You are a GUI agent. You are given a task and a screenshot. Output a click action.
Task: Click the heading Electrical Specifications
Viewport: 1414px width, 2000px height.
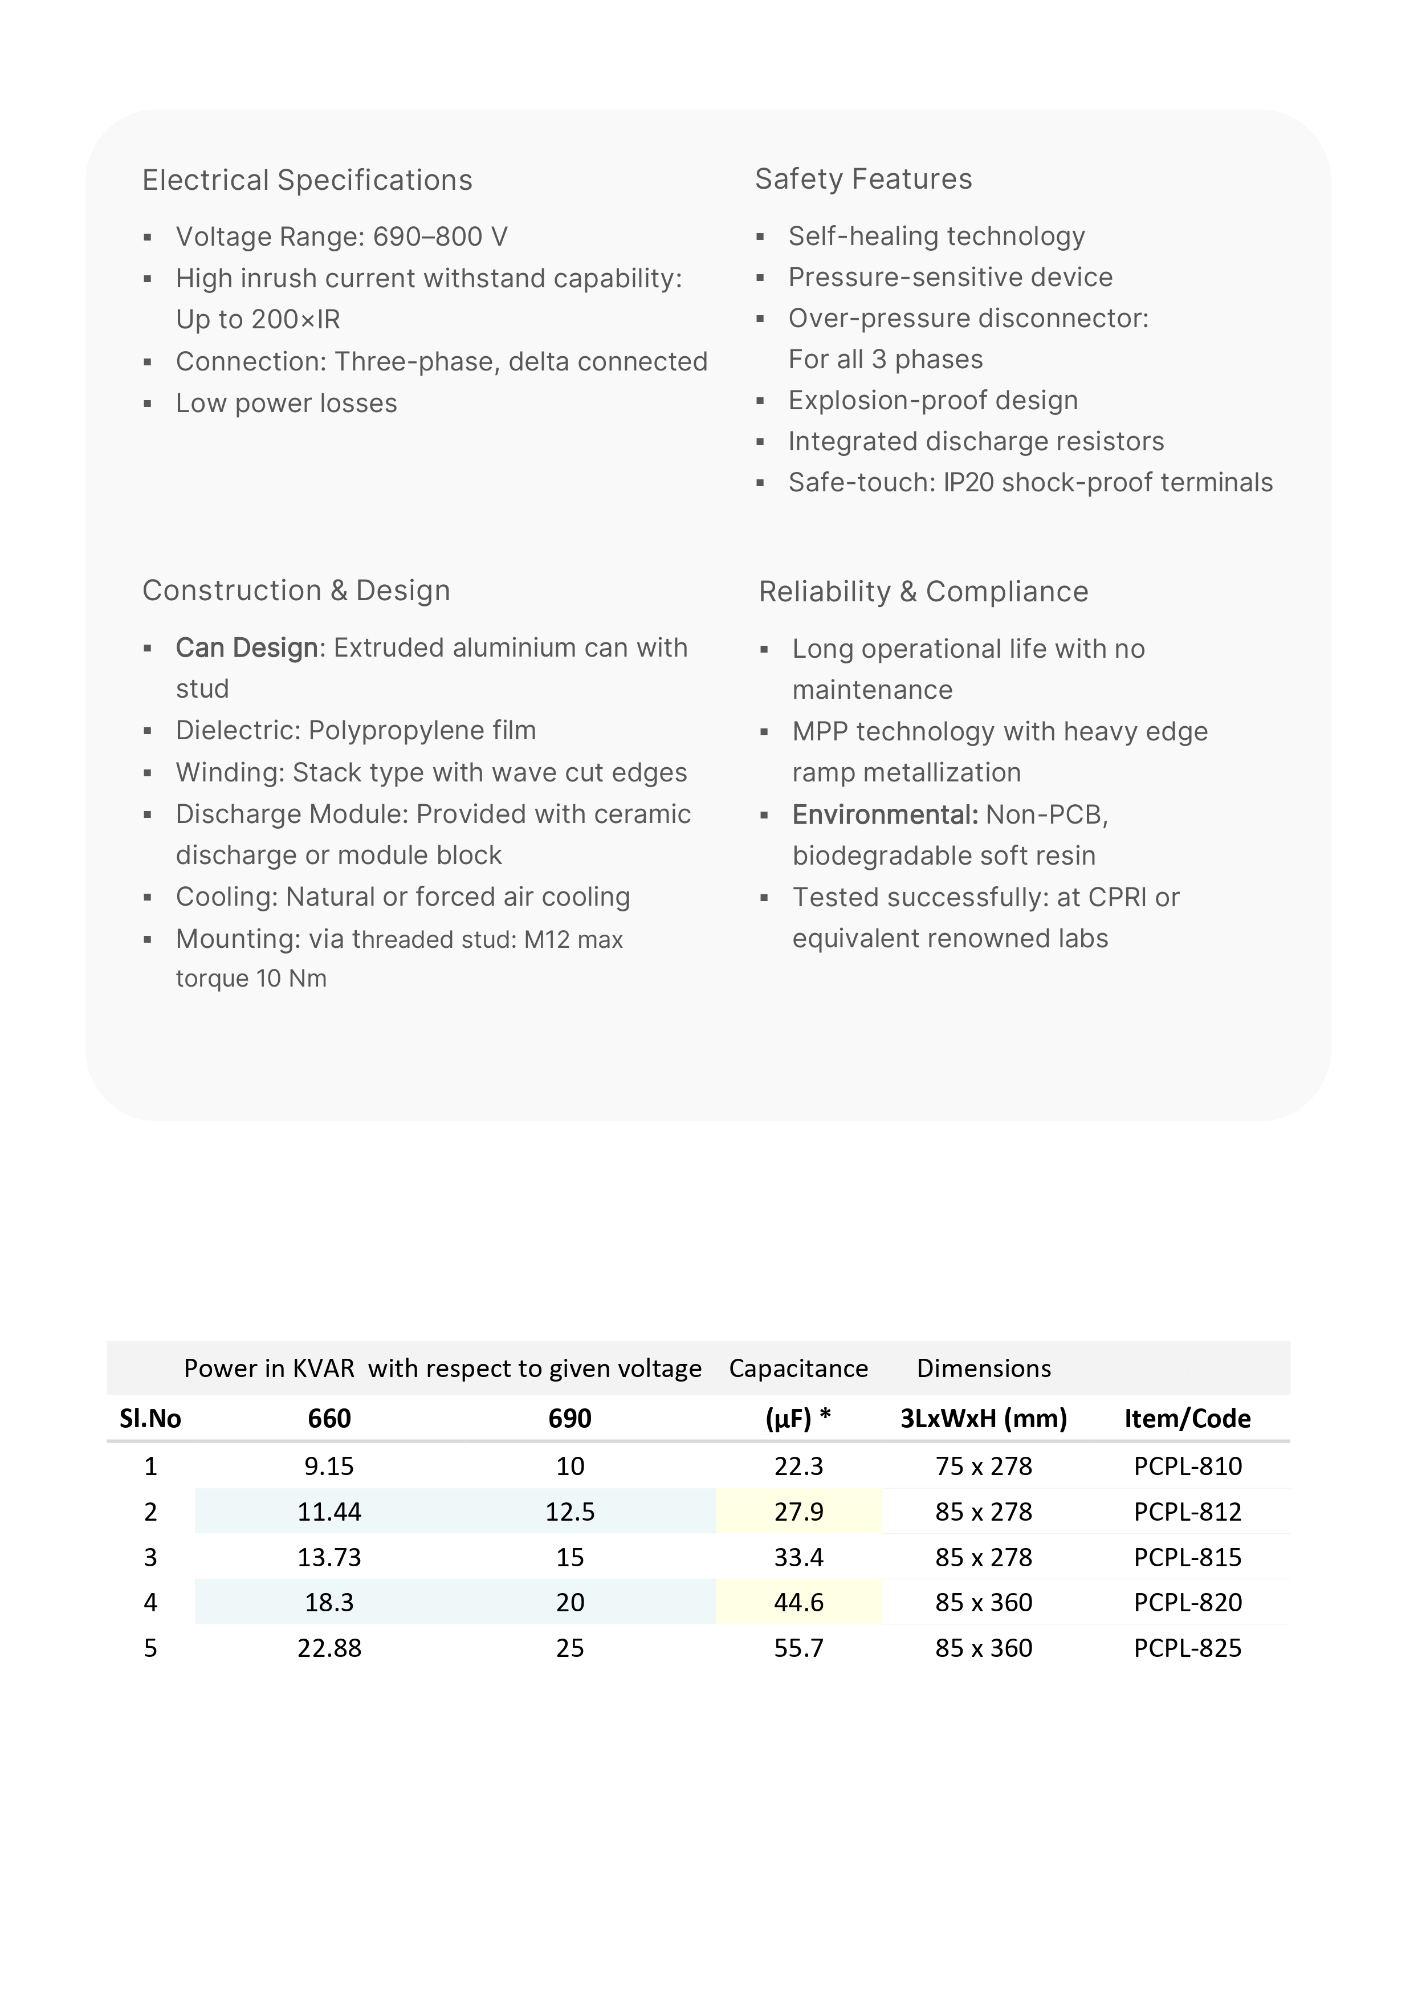point(307,180)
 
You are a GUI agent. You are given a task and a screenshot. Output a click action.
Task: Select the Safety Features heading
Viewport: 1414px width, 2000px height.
point(862,180)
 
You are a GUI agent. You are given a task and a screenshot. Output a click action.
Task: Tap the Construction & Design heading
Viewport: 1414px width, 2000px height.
point(296,590)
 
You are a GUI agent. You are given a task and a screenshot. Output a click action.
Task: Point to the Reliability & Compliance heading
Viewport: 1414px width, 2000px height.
point(923,592)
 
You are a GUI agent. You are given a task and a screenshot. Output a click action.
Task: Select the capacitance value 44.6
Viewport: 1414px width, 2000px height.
point(798,1602)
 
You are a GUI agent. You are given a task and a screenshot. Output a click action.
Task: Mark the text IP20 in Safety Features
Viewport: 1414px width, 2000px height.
point(968,483)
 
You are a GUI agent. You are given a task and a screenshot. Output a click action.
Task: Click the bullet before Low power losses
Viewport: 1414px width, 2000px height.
point(148,404)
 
